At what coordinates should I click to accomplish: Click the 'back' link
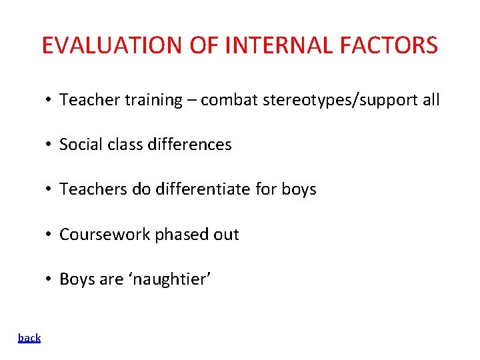[29, 338]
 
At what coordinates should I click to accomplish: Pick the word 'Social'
[78, 145]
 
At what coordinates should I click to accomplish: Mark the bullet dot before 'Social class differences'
[49, 145]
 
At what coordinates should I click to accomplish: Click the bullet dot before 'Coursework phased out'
[49, 235]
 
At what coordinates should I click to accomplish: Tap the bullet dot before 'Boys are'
[49, 279]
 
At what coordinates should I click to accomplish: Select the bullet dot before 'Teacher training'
[49, 100]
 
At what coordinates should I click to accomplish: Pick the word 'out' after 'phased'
[226, 235]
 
